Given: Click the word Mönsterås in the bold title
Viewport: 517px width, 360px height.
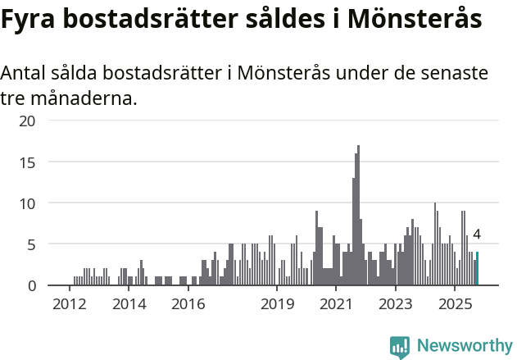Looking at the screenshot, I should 415,21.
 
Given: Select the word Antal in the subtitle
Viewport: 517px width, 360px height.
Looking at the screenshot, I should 24,73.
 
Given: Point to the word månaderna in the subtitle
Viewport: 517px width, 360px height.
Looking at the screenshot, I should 85,99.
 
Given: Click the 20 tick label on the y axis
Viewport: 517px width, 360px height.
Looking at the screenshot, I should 28,121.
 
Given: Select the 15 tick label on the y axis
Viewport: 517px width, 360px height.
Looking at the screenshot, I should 28,162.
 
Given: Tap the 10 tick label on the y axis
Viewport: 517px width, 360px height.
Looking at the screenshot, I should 28,203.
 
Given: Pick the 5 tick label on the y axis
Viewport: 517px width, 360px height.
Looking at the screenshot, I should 32,244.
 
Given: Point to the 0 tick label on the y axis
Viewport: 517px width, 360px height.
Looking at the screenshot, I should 32,285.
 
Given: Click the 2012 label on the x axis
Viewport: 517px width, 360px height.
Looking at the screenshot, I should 69,305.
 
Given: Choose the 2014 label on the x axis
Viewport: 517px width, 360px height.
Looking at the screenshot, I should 129,305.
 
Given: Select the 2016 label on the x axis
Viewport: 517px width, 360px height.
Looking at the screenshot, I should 188,305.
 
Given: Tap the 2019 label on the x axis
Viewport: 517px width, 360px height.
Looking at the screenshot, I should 277,305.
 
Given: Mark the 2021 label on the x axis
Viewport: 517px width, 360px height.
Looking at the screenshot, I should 336,305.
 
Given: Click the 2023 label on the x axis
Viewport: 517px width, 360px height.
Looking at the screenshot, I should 396,305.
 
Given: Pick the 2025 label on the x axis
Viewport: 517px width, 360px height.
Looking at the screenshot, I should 455,305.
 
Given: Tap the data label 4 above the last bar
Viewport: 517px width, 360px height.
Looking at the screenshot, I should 476,235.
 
